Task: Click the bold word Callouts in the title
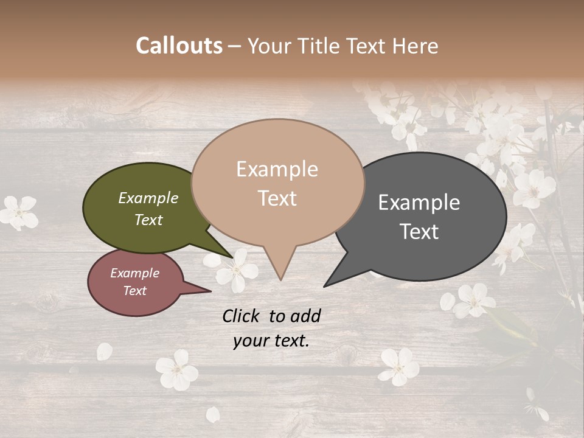(x=179, y=46)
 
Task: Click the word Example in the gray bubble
(x=419, y=203)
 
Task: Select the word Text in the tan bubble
(x=277, y=198)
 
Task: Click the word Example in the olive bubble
(x=148, y=198)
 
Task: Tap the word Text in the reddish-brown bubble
(x=135, y=291)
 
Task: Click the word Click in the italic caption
(x=242, y=316)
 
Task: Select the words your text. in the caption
(x=271, y=341)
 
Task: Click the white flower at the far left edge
(x=19, y=212)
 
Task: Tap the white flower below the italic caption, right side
(x=399, y=366)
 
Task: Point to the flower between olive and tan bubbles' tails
(x=238, y=269)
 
